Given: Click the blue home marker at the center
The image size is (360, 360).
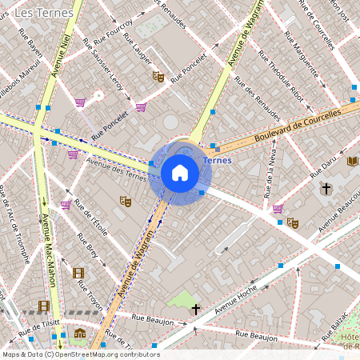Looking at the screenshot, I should click(180, 173).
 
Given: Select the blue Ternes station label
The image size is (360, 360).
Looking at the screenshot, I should click(218, 160).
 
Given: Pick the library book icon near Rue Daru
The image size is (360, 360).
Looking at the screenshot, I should click(353, 161).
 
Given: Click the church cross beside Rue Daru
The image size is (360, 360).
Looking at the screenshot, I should click(325, 189).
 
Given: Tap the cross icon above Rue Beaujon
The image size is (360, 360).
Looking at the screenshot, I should click(195, 308).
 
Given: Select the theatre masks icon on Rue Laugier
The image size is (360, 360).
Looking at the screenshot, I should click(158, 77).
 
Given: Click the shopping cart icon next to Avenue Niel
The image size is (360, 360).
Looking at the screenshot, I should click(80, 102).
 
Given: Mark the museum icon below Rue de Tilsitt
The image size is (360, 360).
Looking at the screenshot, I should click(80, 333).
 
